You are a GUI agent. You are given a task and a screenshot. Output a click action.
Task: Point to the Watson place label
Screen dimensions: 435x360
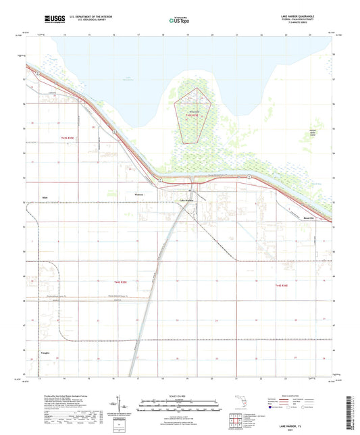[x=140, y=194]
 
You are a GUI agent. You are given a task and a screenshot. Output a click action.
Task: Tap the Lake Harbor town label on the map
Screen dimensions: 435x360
[x=186, y=200]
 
